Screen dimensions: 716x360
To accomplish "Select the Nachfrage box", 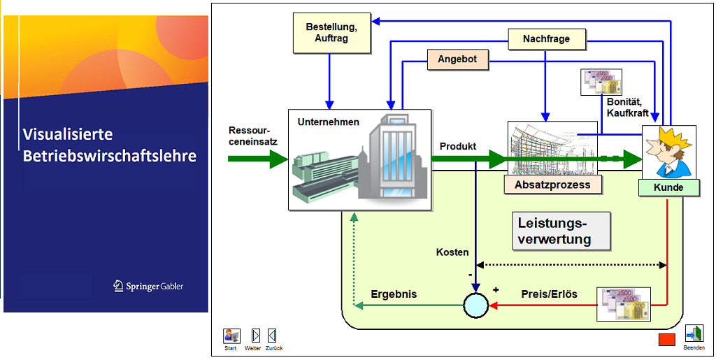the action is coord(546,38).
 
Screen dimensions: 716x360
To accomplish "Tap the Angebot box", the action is coord(457,59).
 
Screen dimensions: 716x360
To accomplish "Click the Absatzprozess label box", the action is coord(552,185).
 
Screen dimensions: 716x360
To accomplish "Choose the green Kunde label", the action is coord(668,187).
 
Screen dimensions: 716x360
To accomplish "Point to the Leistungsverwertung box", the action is coord(561,231).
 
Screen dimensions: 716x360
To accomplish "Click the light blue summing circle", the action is coord(475,305).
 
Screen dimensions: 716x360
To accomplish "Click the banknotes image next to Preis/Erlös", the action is coord(623,304).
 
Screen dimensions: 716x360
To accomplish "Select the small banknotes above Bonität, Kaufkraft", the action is coord(601,82).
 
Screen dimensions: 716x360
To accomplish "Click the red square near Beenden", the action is coord(666,340).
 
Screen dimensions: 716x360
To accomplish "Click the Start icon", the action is coord(231,336).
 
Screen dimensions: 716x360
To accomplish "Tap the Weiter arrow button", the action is coord(256,336).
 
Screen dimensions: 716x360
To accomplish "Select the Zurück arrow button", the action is coord(272,336).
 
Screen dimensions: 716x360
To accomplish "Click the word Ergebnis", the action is coord(394,294).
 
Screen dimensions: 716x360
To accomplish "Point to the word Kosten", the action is coord(452,252).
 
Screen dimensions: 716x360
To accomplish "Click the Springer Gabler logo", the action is coord(148,286).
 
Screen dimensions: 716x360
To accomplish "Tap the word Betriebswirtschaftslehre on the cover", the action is coord(110,156).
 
